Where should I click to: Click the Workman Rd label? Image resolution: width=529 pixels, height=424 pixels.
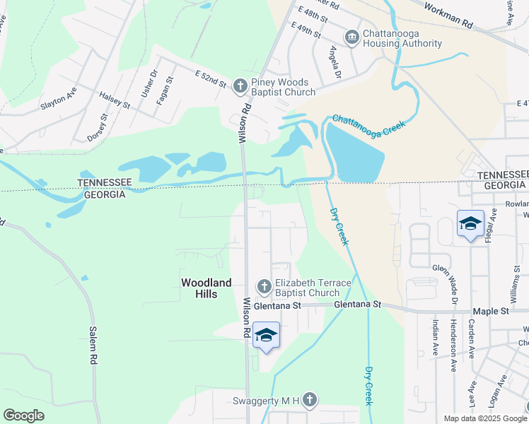[448, 16]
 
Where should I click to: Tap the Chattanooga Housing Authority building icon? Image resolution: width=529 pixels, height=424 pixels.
[351, 37]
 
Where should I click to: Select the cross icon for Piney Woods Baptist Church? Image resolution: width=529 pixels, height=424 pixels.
[240, 86]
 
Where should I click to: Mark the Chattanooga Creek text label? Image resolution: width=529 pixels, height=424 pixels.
[368, 127]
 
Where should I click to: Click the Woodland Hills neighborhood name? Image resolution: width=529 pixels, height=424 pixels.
[206, 288]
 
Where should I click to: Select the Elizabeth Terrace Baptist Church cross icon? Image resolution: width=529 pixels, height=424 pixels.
[264, 286]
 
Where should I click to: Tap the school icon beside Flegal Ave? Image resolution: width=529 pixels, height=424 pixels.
[470, 224]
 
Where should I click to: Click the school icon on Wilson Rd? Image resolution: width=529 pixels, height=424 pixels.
[266, 335]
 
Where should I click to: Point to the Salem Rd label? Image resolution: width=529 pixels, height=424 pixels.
[92, 344]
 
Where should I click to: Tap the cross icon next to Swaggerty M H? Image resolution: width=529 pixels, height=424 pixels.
[308, 401]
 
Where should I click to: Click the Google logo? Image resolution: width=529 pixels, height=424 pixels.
[24, 416]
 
